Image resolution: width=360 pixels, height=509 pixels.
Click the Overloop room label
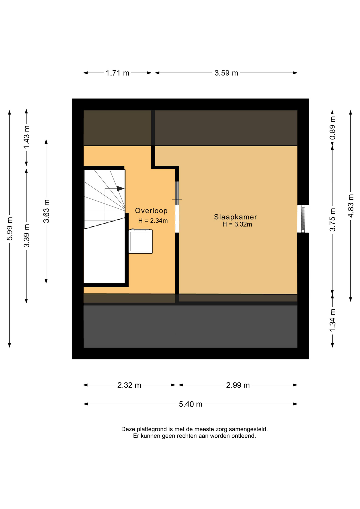click(151, 211)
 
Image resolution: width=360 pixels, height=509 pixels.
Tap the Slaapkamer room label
click(235, 217)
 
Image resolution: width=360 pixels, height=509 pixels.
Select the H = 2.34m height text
click(153, 221)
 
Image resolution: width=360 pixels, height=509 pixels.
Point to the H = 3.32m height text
click(237, 224)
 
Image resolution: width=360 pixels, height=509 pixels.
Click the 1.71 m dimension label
click(117, 73)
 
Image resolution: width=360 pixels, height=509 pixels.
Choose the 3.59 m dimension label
click(226, 73)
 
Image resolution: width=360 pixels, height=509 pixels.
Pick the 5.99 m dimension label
click(10, 229)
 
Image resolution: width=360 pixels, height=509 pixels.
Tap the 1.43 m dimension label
click(27, 137)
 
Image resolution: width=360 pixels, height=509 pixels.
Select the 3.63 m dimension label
click(46, 211)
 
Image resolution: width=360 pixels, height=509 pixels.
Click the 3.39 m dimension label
click(27, 236)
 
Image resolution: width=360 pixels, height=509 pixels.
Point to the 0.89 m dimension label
click(332, 128)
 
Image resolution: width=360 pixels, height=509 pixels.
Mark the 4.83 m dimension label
click(351, 206)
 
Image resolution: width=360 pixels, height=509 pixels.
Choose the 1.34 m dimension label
click(332, 320)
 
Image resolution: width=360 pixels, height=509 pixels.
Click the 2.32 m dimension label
click(129, 385)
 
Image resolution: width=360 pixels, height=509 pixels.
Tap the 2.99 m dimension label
click(238, 385)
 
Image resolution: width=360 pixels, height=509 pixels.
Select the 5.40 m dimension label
click(190, 404)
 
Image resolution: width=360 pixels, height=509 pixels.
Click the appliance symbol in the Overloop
click(141, 241)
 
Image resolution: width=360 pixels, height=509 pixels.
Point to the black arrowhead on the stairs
click(120, 188)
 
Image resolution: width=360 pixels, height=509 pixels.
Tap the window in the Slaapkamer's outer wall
click(303, 219)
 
